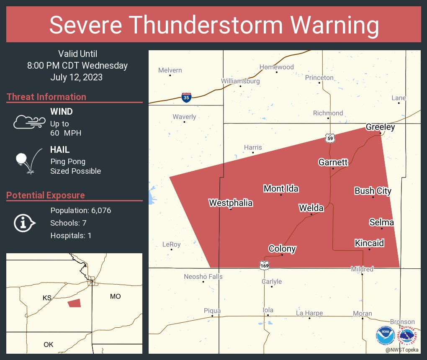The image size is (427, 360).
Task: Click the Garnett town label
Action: click(333, 162)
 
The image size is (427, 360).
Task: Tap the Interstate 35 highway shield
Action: click(187, 98)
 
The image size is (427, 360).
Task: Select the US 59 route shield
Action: click(330, 138)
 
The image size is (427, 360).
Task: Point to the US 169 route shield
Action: click(264, 265)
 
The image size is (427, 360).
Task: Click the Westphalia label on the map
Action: click(231, 203)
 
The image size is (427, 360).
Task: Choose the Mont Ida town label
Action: click(281, 189)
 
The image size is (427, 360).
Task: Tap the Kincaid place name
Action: click(369, 243)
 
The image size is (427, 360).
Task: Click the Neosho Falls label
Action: click(203, 277)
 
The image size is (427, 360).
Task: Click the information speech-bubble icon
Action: click(24, 223)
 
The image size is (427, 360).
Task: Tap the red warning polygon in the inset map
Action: click(74, 303)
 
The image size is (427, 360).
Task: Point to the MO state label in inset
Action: click(115, 296)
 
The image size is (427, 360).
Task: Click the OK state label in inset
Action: click(49, 345)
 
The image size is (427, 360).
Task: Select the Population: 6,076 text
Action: click(80, 210)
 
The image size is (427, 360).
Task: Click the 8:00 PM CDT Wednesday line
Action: click(77, 65)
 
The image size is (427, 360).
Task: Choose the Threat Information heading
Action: click(46, 97)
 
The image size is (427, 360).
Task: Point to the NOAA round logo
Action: click(385, 335)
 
